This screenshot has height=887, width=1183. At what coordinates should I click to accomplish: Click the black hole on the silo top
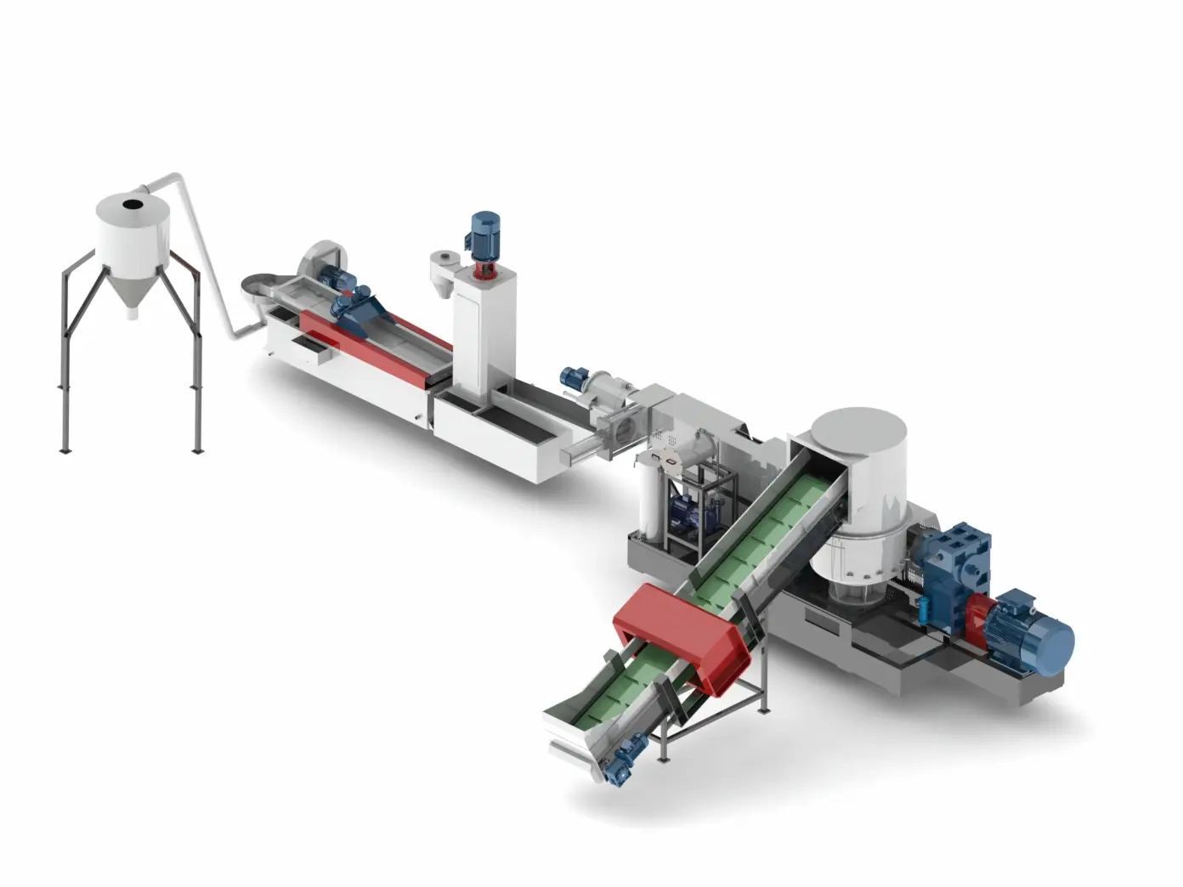click(132, 204)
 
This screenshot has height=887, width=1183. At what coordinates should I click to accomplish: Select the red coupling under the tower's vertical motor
click(484, 269)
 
